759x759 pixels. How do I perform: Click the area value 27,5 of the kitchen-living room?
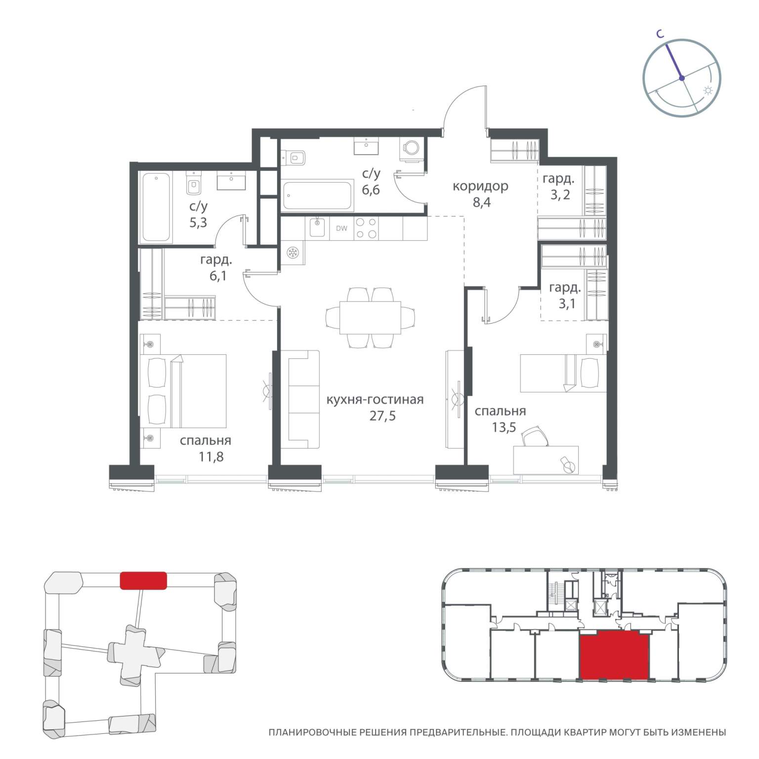click(382, 416)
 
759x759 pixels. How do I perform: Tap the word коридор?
click(480, 186)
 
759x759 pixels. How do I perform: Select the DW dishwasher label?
click(341, 228)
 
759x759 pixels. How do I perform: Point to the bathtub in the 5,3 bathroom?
click(157, 207)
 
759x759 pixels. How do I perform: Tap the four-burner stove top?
click(367, 228)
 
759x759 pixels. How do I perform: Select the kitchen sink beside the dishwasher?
click(316, 228)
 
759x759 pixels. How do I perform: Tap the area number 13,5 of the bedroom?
click(504, 427)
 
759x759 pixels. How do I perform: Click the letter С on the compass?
click(659, 34)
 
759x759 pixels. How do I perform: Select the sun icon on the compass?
click(708, 91)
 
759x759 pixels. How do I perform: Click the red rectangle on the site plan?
click(143, 580)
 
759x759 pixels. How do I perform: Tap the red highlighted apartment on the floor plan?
click(614, 656)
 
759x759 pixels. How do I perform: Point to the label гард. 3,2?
click(559, 186)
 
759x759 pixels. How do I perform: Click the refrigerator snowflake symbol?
click(293, 253)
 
